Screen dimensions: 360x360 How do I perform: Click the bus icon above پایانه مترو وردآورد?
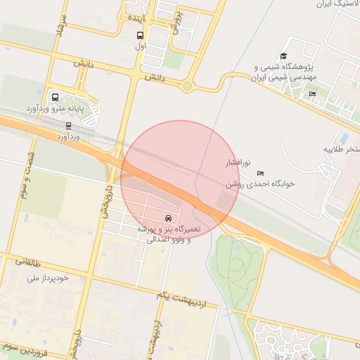point(55,98)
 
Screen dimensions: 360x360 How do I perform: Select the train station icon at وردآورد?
point(68,126)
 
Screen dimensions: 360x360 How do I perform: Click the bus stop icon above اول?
point(139,35)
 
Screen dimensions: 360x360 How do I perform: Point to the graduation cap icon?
point(284,56)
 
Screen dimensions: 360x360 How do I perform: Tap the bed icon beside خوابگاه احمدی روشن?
point(261,172)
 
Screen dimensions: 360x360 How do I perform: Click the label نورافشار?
point(236,163)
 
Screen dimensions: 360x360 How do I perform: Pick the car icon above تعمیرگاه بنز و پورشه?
point(168,218)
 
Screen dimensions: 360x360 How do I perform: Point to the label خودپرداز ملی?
point(48,278)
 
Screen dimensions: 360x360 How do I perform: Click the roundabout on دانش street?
point(188,86)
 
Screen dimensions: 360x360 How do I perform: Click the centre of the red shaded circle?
point(181,180)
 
